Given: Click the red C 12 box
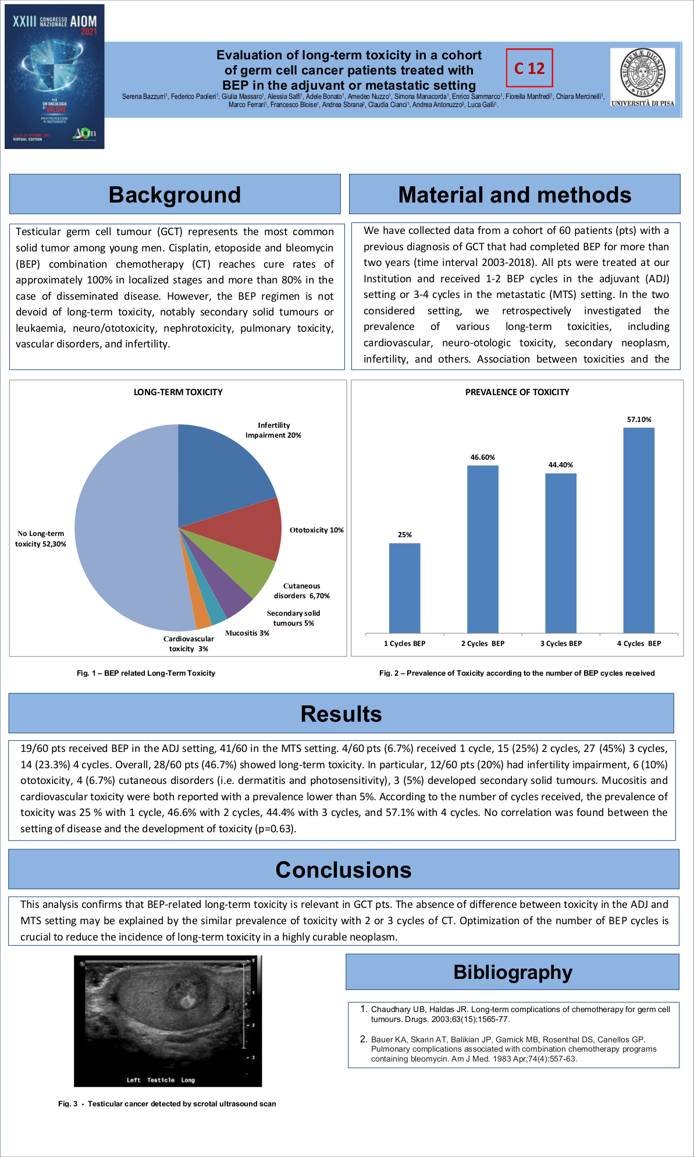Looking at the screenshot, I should [x=529, y=68].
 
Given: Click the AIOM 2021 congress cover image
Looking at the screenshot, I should [x=55, y=77].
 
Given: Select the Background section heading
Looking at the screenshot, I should [x=175, y=194].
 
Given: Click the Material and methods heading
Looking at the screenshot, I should [x=514, y=194].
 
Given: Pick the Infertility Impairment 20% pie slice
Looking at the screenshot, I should [x=221, y=471].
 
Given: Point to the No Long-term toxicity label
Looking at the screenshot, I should [x=41, y=538].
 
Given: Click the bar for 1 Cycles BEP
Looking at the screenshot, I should [x=404, y=588].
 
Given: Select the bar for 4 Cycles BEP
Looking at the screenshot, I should [x=639, y=530].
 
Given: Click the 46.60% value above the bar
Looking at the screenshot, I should [x=483, y=457].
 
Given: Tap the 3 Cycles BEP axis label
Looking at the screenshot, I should [x=561, y=643].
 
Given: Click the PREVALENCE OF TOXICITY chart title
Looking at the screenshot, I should [x=517, y=392].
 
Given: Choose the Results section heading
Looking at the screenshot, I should [x=341, y=714].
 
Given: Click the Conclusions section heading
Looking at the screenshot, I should [x=343, y=869].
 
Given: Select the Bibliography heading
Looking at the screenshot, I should [x=513, y=972].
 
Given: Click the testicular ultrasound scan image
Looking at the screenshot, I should [x=168, y=1021].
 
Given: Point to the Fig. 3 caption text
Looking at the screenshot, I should [x=167, y=1103].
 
